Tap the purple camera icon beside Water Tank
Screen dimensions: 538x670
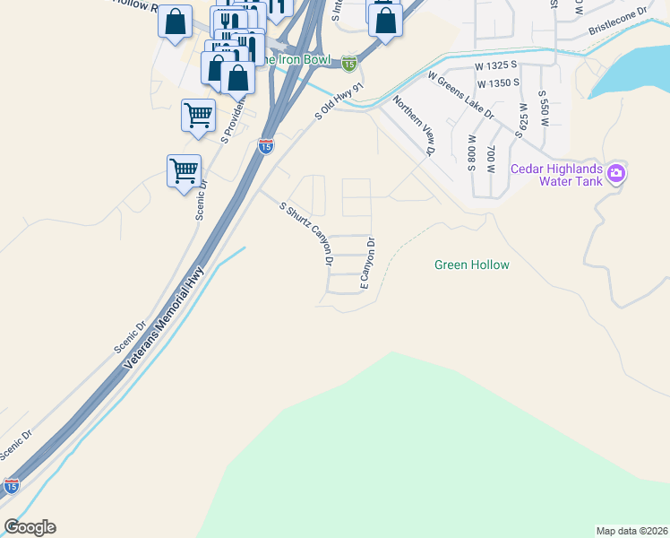(x=615, y=173)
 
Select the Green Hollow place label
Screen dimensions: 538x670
(x=471, y=265)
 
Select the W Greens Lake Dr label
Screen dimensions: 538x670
(x=460, y=96)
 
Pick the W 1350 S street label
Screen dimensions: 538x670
(x=499, y=83)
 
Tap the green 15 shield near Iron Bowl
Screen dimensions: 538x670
(x=349, y=63)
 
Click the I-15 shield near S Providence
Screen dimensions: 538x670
(x=266, y=146)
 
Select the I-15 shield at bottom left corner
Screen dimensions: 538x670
(x=11, y=486)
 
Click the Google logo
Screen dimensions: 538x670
(x=30, y=527)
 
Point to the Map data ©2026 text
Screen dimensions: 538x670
(x=631, y=531)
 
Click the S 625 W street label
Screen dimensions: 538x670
(x=524, y=117)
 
